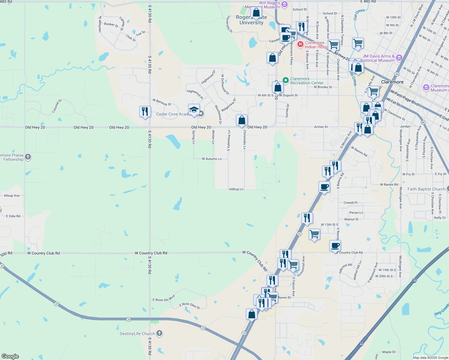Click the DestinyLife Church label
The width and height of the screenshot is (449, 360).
coord(137,334)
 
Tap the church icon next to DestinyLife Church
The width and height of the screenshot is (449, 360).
coord(159,333)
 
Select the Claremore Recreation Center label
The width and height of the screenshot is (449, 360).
coord(307,81)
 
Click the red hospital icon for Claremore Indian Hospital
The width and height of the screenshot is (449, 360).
coord(300,44)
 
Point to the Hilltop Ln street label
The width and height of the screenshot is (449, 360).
coord(236,189)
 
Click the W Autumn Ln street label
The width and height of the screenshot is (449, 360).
coord(212,159)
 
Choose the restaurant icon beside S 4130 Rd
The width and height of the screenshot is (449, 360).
coord(145,111)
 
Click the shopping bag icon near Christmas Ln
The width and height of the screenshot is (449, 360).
coord(242,120)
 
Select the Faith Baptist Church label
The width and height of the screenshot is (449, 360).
coord(426,189)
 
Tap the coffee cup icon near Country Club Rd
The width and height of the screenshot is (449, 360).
coord(335,246)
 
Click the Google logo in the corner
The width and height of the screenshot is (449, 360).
coord(10,356)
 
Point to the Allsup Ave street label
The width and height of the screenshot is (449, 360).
coord(12,196)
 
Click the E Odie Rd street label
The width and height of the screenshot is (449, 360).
coord(13,216)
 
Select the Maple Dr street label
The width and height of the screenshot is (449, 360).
coord(389,352)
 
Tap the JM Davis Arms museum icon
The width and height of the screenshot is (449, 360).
coord(399,58)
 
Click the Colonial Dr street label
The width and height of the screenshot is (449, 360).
coord(57,106)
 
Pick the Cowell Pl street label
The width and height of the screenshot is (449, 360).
coord(350,203)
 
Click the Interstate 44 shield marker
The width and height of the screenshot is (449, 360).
coord(414,280)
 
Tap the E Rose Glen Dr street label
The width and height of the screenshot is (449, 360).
coord(190,305)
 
